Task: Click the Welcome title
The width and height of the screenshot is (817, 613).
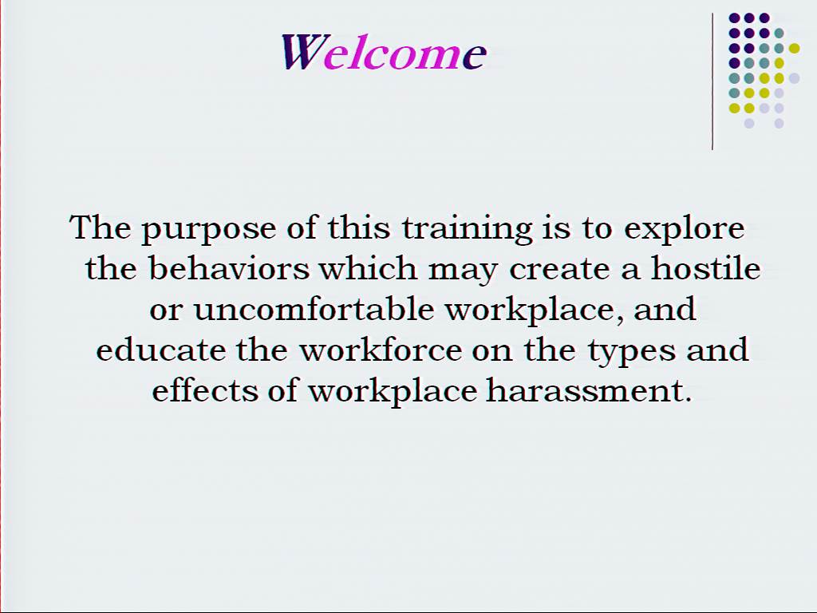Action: [x=384, y=52]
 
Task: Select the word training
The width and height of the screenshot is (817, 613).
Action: [x=468, y=229]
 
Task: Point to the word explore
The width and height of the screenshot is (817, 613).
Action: [x=684, y=229]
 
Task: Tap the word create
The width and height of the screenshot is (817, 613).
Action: [x=560, y=270]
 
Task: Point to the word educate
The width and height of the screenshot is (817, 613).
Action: [x=160, y=350]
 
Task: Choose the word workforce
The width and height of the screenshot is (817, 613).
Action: [x=381, y=350]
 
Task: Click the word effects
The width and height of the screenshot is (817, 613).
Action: [x=205, y=390]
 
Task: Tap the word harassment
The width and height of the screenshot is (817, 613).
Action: [x=588, y=390]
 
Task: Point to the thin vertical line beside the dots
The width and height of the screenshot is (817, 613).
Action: [x=712, y=81]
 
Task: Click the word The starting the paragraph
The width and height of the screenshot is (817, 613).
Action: [x=100, y=227]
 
